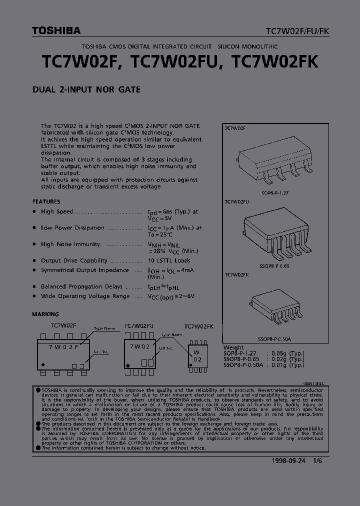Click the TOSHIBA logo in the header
coord(56,31)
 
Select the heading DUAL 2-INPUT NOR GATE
coord(86,90)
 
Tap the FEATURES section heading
coord(46,201)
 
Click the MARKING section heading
coord(45,314)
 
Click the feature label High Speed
coord(57,212)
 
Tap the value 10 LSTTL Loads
coord(169,260)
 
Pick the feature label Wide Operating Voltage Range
coord(85,296)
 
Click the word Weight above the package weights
coord(234,347)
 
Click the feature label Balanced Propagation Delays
coord(81,286)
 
